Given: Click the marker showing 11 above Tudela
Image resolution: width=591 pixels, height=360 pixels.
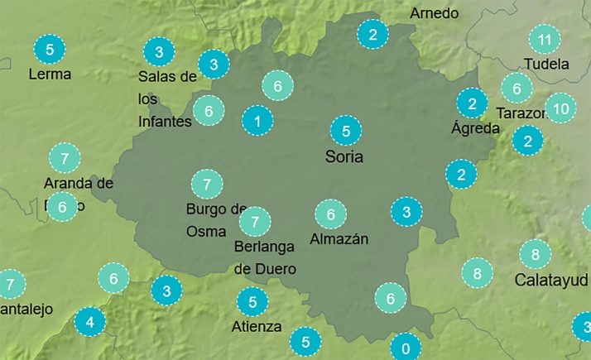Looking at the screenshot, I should click(x=544, y=39).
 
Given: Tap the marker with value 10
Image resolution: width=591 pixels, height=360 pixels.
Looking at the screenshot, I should click(x=560, y=108).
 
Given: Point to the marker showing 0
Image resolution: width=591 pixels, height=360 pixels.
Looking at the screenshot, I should click(x=405, y=347).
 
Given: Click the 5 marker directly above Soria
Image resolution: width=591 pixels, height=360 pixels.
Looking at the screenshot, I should click(x=346, y=131).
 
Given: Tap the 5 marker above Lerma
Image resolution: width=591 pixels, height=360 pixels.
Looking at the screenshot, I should click(x=50, y=50).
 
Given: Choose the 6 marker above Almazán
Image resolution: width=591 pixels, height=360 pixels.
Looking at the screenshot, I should click(x=330, y=215).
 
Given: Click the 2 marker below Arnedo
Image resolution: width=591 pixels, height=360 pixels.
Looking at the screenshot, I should click(x=372, y=35).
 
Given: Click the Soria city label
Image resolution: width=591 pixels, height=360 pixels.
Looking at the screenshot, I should click(x=345, y=156).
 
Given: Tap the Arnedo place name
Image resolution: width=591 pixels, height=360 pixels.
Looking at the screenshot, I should click(x=434, y=13).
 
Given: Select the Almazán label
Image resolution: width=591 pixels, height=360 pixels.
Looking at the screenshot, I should click(x=339, y=239).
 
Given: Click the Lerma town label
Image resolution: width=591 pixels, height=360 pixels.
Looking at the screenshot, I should click(x=50, y=74).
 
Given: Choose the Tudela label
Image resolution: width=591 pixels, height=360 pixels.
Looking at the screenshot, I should click(x=546, y=64).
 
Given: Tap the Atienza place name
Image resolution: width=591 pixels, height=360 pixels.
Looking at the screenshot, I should click(x=257, y=325).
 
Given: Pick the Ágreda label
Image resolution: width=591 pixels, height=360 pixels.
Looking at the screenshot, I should click(x=475, y=128).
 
